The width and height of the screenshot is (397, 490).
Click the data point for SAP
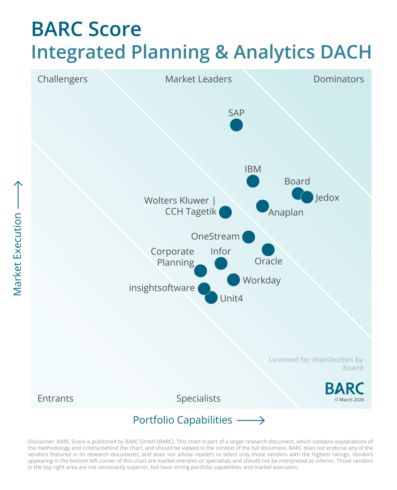pos(236,125)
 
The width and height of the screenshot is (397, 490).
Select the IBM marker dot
pos(253,181)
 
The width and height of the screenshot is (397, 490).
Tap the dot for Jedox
pos(307,197)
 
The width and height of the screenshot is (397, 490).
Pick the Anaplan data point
pos(262,206)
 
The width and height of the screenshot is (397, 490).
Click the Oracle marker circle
pos(268,250)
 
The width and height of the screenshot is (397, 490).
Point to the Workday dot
pos(233,280)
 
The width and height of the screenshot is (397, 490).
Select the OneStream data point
pos(249,237)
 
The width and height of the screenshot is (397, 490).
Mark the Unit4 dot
pos(211,297)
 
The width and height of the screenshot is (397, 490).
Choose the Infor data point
pos(221,263)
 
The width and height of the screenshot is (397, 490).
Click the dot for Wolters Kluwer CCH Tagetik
pos(225,212)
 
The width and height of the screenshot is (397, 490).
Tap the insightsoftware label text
pos(162,288)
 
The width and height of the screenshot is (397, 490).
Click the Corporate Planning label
pos(173,257)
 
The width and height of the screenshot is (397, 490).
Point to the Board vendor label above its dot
pos(297,181)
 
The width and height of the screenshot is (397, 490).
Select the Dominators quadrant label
pos(338,79)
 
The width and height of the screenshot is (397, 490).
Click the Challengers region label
pos(62,79)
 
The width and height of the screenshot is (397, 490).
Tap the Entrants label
pos(55,398)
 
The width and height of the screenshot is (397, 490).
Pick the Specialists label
pos(198,398)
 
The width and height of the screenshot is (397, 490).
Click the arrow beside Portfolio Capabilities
pos(251,420)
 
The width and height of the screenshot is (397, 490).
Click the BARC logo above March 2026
pos(344,389)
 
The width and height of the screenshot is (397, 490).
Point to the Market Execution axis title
pos(17,254)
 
